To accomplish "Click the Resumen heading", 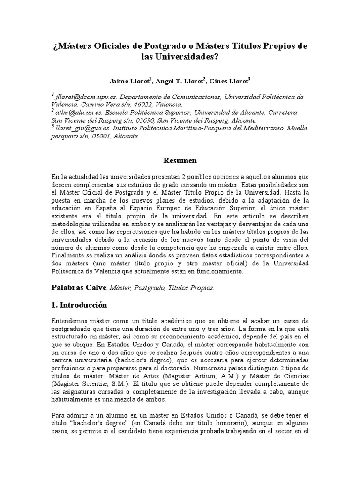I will [180, 160].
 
